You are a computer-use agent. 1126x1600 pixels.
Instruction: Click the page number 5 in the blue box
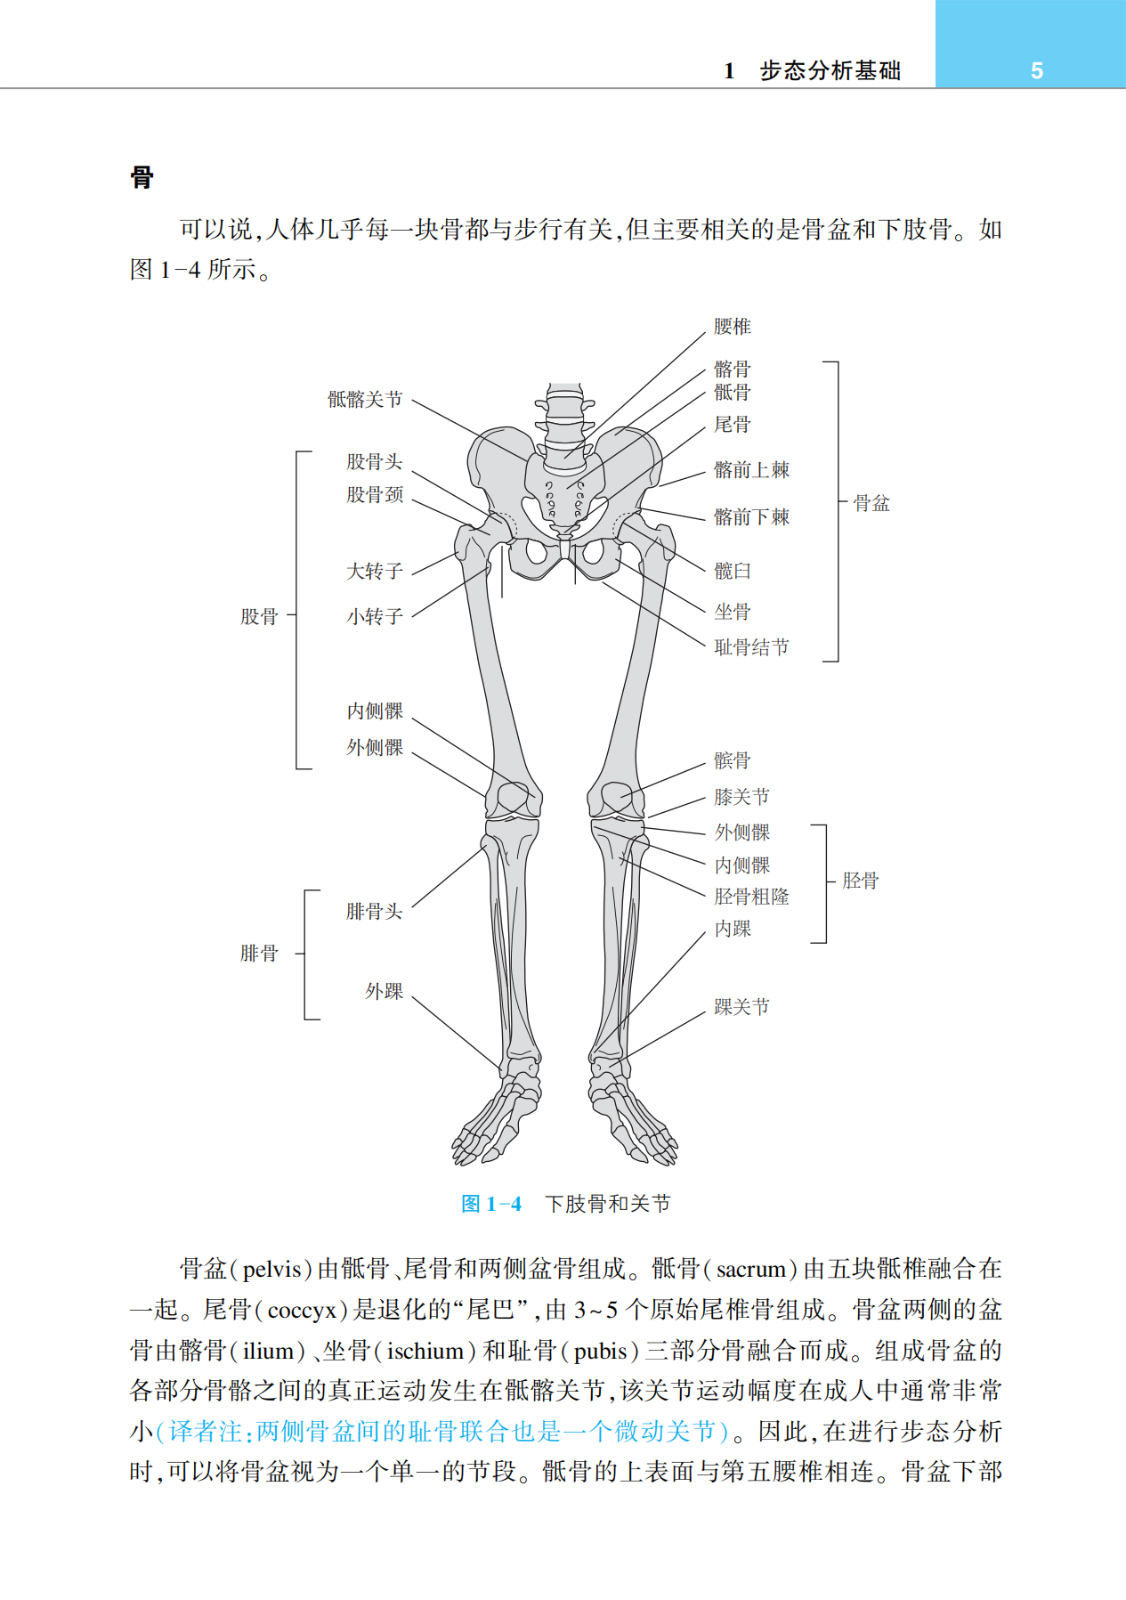[1036, 71]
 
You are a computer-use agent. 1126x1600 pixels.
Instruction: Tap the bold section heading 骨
[142, 177]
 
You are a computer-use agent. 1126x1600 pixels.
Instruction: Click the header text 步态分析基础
[830, 71]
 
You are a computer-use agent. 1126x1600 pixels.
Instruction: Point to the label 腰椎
[732, 327]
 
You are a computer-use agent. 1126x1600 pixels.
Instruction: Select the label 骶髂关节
[365, 400]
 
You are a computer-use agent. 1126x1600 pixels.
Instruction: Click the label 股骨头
[374, 462]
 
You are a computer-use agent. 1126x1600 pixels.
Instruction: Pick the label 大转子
[374, 572]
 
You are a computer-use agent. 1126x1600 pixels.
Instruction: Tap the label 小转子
[374, 616]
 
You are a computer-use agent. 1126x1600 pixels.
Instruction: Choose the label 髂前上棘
[751, 470]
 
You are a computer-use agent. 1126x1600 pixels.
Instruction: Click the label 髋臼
[732, 571]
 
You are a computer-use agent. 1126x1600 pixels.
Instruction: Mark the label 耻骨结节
[751, 647]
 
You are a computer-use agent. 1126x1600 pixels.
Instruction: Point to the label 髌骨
[732, 760]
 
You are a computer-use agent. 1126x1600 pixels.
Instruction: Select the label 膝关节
[741, 797]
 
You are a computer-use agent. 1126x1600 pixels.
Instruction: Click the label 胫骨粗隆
[751, 897]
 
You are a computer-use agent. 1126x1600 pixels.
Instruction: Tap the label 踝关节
[741, 1007]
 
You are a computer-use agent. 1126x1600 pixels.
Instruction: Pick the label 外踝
[384, 992]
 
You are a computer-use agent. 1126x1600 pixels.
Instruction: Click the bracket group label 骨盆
[871, 504]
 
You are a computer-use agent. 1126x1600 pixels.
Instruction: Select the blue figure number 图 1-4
[491, 1205]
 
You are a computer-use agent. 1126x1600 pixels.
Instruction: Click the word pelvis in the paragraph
[272, 1269]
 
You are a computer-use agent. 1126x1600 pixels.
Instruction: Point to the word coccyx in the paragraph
[302, 1310]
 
